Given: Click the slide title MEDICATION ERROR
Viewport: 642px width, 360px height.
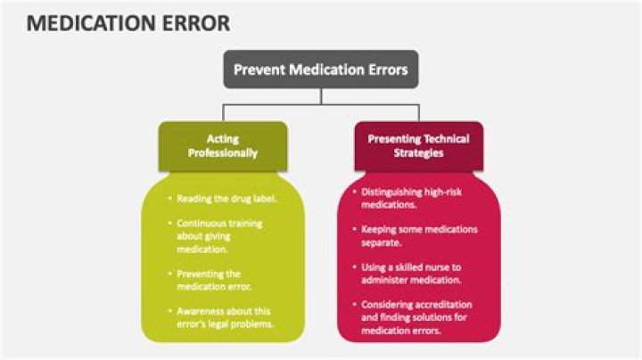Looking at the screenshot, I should pyautogui.click(x=128, y=22).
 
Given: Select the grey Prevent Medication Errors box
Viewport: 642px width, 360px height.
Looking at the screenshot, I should pyautogui.click(x=320, y=69).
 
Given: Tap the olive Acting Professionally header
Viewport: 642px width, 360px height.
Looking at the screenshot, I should pyautogui.click(x=223, y=145).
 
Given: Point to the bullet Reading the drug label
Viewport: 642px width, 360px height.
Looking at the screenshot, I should pyautogui.click(x=226, y=198).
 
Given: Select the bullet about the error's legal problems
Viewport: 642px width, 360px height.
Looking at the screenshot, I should pyautogui.click(x=224, y=316).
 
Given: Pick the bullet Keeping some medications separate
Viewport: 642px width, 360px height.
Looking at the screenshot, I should pyautogui.click(x=418, y=235).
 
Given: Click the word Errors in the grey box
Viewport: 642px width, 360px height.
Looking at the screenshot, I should pyautogui.click(x=384, y=69).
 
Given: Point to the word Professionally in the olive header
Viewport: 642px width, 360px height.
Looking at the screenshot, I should pyautogui.click(x=223, y=152).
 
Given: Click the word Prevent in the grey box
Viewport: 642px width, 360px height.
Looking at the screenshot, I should pyautogui.click(x=258, y=69).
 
